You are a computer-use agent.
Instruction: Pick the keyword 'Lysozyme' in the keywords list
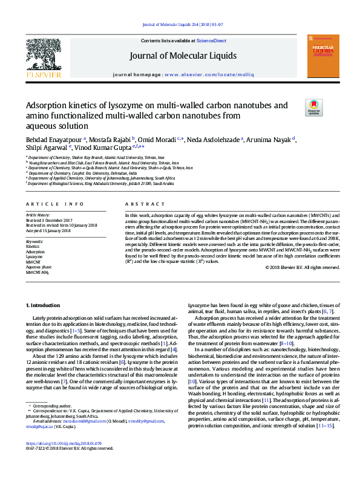coord(34,257)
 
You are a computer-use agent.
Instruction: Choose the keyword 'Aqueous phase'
coord(38,267)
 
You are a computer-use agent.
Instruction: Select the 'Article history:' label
coord(39,215)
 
